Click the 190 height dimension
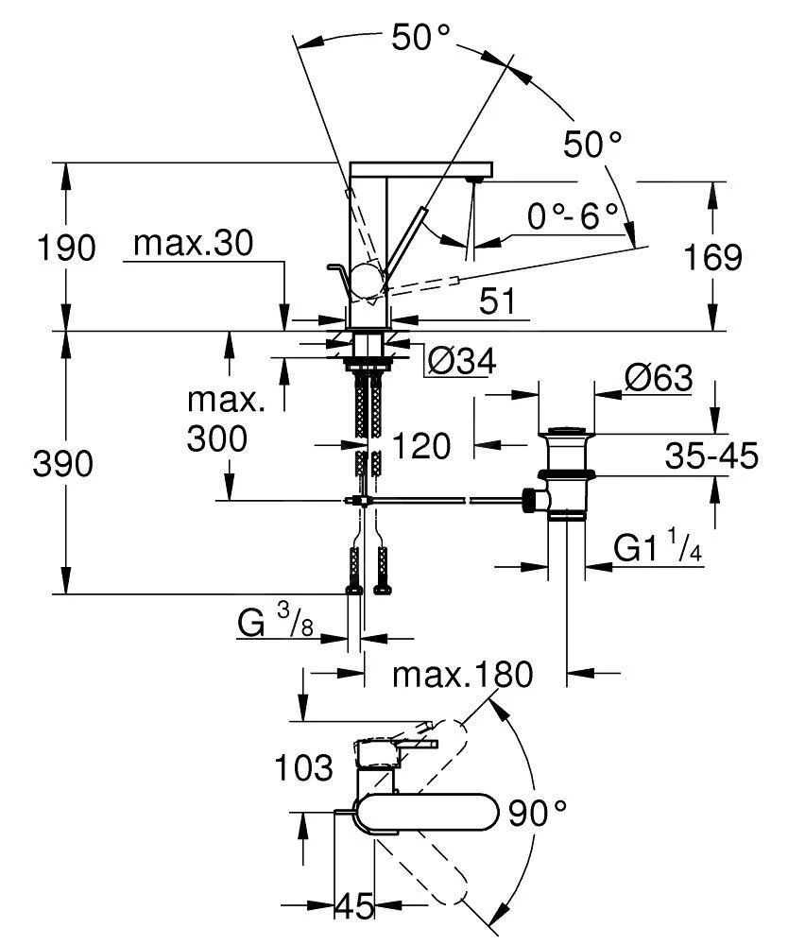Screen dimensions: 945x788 pyautogui.click(x=66, y=249)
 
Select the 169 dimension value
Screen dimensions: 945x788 pyautogui.click(x=714, y=257)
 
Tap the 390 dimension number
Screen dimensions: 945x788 pyautogui.click(x=65, y=464)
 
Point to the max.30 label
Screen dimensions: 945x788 pyautogui.click(x=194, y=245)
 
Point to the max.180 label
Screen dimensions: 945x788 pyautogui.click(x=463, y=675)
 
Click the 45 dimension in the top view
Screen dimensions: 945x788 pyautogui.click(x=355, y=906)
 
